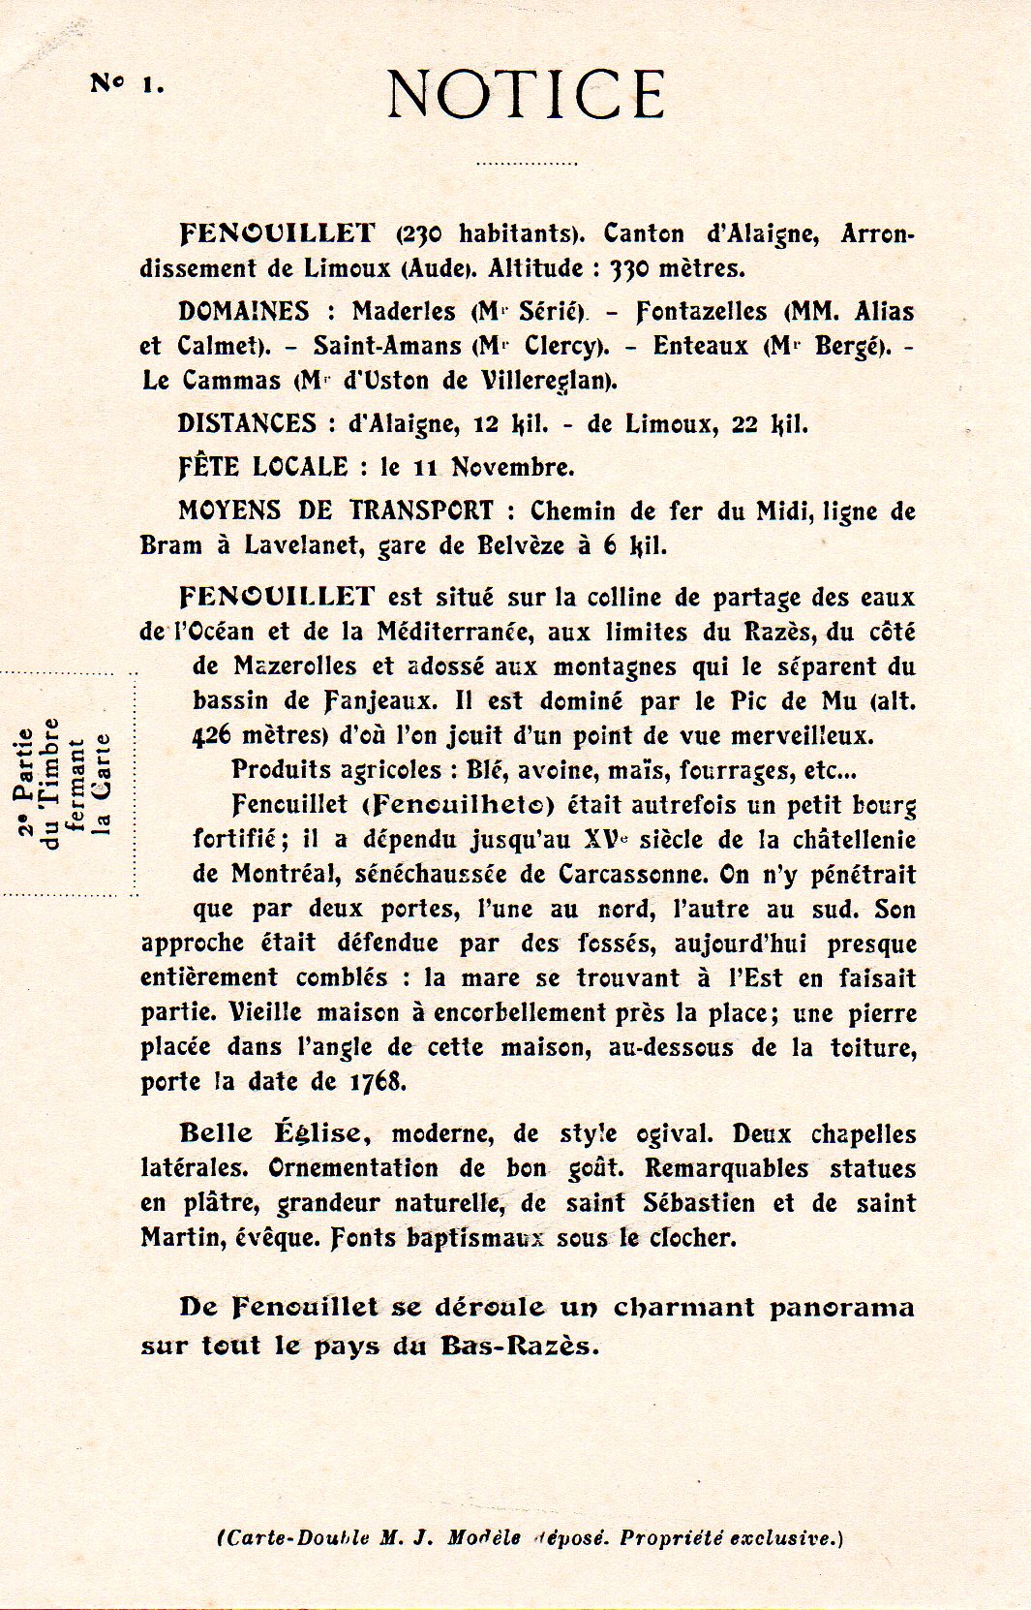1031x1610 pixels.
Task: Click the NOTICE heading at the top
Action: click(526, 94)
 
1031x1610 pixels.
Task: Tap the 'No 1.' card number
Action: click(127, 83)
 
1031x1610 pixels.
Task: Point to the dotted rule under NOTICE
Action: click(526, 164)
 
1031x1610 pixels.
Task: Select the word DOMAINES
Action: click(244, 312)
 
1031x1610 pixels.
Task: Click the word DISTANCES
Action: click(247, 424)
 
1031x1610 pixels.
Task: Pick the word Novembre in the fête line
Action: click(513, 468)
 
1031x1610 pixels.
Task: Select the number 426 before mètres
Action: click(212, 736)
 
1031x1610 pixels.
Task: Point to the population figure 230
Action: click(421, 234)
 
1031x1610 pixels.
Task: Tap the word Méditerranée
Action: click(454, 633)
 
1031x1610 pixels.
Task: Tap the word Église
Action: click(318, 1133)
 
